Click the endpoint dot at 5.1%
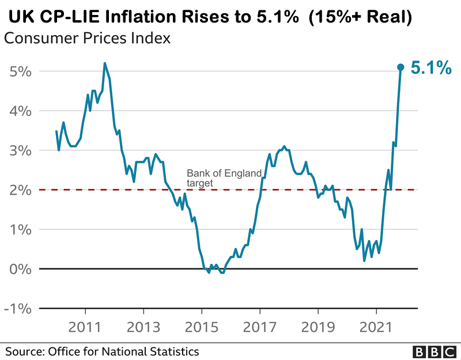coord(401,67)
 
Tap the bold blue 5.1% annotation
coord(430,69)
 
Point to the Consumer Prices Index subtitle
coord(87,39)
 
